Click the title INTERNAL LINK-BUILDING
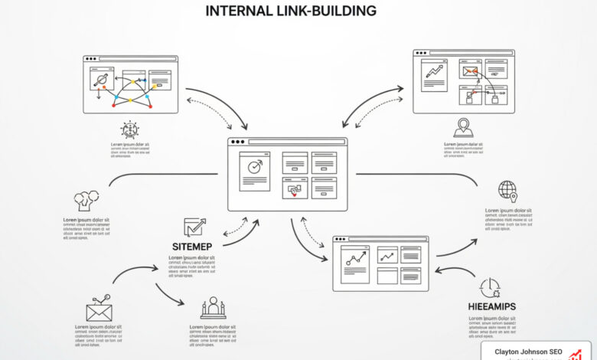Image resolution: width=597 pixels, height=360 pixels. click(291, 11)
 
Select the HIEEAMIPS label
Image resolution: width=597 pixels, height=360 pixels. click(491, 306)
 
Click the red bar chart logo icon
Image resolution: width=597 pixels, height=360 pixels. click(576, 354)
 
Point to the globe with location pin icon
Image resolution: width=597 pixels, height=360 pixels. click(507, 191)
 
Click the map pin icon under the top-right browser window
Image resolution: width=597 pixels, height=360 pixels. click(463, 127)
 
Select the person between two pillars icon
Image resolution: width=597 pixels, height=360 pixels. click(212, 308)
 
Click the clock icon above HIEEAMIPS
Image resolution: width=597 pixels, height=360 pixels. click(490, 287)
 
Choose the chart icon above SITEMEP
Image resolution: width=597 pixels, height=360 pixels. click(194, 227)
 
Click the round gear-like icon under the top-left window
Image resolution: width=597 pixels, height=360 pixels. click(129, 129)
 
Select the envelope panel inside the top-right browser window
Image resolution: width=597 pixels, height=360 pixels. click(469, 72)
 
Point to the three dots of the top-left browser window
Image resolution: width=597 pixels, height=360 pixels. click(90, 59)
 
